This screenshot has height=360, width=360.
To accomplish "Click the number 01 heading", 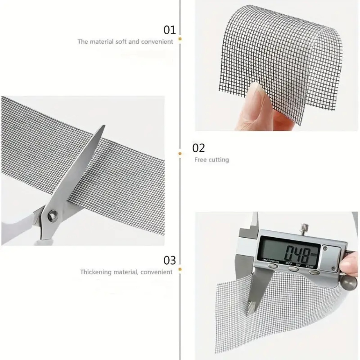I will (x=170, y=30).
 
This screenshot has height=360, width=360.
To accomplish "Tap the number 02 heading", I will (x=198, y=148).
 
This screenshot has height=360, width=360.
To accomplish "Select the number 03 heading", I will (x=170, y=260).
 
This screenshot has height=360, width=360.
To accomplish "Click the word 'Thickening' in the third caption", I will (x=96, y=272).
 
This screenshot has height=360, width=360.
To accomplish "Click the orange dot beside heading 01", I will (x=180, y=39).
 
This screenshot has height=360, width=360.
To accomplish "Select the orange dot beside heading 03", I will (x=180, y=269).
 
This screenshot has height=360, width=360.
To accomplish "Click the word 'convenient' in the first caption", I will (x=157, y=42).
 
